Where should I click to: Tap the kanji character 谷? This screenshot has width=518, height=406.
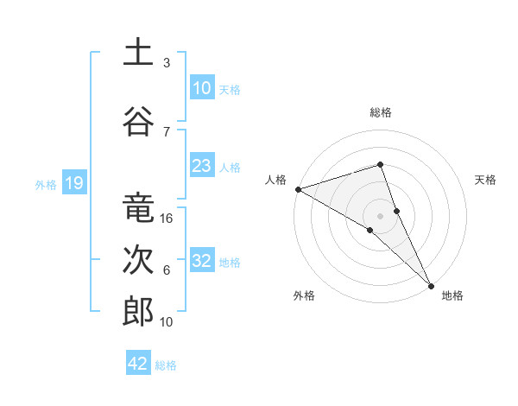click(138, 121)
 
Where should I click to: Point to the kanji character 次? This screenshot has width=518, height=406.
click(138, 260)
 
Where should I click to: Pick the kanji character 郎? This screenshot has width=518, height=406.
click(138, 312)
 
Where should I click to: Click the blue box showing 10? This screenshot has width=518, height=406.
click(201, 87)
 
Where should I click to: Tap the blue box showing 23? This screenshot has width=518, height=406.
click(201, 166)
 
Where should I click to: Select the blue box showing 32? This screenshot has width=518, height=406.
click(201, 261)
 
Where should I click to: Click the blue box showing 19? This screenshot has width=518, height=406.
click(73, 183)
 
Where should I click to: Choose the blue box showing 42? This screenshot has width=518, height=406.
click(138, 364)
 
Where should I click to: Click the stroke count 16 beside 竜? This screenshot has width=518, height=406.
click(167, 219)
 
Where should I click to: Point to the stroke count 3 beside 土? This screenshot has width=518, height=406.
click(166, 63)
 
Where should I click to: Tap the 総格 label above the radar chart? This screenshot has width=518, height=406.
click(381, 112)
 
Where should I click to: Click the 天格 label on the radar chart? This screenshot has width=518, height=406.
click(485, 180)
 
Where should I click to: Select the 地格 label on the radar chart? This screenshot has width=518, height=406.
click(452, 295)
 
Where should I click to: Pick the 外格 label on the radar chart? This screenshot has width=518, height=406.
click(304, 295)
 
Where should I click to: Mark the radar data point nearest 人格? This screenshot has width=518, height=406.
click(298, 189)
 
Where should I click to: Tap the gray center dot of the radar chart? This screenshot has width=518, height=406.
click(380, 215)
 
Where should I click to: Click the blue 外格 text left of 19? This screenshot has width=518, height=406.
click(46, 184)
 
